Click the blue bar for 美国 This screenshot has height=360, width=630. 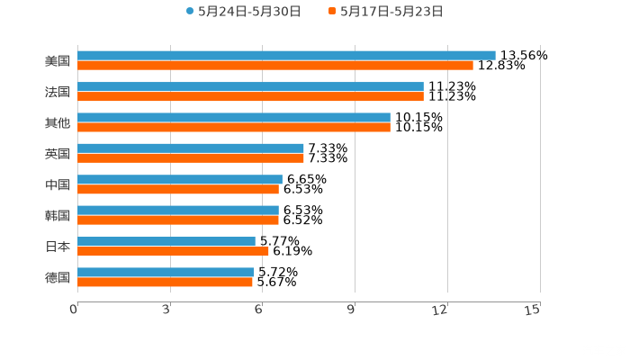[x=286, y=56]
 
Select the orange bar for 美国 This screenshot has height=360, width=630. [x=275, y=66]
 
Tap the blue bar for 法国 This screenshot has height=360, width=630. [x=250, y=86]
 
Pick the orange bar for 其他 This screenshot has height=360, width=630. [x=234, y=127]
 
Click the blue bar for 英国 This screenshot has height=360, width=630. [x=191, y=148]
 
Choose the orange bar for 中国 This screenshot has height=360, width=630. [x=178, y=189]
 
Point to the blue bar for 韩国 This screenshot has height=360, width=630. [x=178, y=210]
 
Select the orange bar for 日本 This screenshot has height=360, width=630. [x=173, y=251]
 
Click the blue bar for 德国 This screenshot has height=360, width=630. [x=166, y=272]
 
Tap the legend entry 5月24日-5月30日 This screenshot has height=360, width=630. [x=243, y=12]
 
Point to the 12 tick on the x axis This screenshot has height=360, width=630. [x=440, y=310]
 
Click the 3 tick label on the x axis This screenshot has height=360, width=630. [x=167, y=310]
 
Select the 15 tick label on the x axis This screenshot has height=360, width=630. [x=533, y=310]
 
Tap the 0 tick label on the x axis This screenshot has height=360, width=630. [x=75, y=310]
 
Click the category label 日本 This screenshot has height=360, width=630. [x=58, y=246]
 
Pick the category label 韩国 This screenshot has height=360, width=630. [x=58, y=215]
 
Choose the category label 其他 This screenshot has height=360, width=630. [x=58, y=122]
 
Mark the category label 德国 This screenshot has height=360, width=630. [x=58, y=277]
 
